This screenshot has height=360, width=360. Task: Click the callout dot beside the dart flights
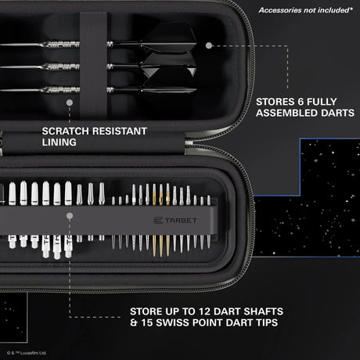pos(208,45)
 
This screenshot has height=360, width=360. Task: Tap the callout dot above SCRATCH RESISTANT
pos(70,102)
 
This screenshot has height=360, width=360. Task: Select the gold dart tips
pos(159,227)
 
